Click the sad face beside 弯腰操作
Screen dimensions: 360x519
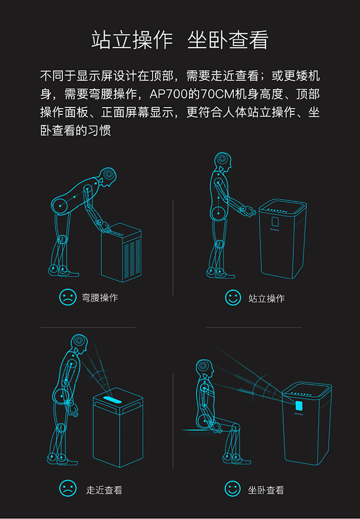(68, 297)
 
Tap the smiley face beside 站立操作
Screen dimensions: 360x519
(233, 298)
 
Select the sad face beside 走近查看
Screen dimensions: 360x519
(68, 488)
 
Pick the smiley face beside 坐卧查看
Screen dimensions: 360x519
(233, 489)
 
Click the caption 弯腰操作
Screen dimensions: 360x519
(100, 298)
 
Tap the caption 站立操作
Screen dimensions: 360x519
(266, 299)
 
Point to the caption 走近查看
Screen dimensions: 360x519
(104, 490)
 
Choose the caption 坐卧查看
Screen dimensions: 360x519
(266, 490)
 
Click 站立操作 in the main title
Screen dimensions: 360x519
(132, 40)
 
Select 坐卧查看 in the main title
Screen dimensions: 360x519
(228, 40)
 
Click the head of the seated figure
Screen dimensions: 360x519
(204, 367)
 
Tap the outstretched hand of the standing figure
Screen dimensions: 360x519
(248, 210)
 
